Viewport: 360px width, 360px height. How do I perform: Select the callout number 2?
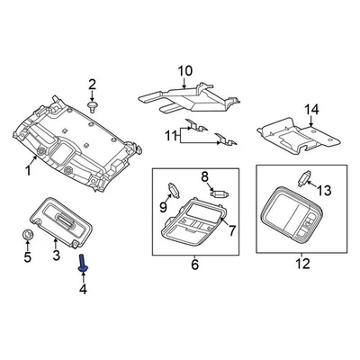pos(92,85)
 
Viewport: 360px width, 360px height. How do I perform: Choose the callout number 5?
pos(26,258)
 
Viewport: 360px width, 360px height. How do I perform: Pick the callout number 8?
pos(204,176)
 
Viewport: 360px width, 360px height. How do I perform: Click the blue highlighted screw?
pos(82,264)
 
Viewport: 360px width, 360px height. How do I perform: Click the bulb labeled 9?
pos(171,188)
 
